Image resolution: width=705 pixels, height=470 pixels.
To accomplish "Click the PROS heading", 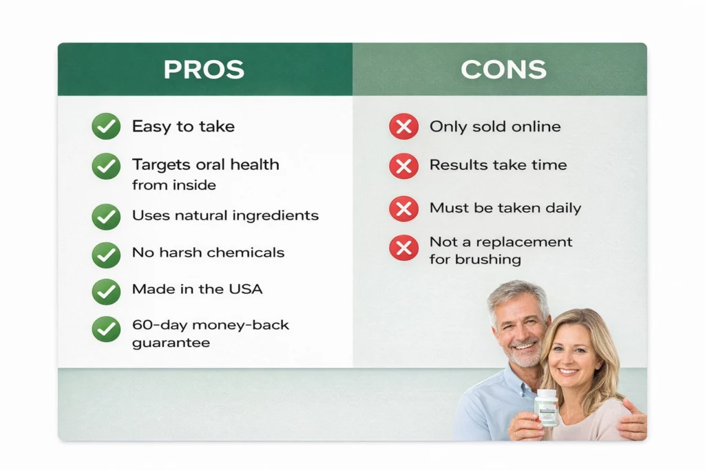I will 204,70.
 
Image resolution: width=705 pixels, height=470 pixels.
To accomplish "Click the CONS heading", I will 503,70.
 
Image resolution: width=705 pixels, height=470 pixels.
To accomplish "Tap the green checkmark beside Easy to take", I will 106,127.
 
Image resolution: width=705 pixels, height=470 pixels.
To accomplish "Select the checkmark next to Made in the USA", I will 106,292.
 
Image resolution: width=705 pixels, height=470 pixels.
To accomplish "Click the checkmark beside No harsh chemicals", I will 106,255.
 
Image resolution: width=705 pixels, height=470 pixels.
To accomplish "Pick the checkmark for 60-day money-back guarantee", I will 106,329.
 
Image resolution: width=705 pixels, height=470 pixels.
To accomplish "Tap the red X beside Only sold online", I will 403,127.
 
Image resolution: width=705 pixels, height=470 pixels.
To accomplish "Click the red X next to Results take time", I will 403,166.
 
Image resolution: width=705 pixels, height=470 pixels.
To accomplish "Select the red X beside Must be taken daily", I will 403,209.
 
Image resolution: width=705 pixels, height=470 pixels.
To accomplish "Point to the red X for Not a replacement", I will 403,248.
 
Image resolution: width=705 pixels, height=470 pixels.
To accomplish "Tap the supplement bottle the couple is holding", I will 546,407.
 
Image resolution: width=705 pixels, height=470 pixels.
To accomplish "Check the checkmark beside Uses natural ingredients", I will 106,217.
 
